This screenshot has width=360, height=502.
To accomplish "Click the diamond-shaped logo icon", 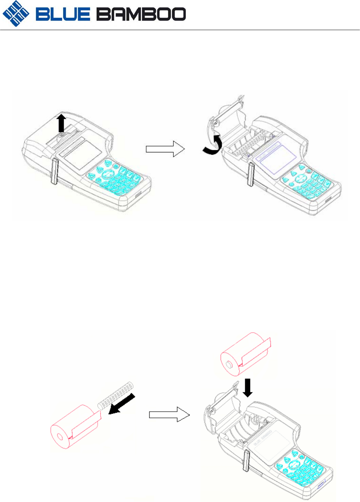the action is point(16,14).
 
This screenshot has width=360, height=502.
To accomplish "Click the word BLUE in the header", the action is point(62,15).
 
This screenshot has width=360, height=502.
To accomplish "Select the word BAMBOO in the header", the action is point(141,15).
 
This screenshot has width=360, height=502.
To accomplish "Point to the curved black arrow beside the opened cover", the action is point(213,145).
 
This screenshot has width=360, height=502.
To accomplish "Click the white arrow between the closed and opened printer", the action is point(165,149).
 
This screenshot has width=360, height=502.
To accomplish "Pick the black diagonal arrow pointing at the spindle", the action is point(122,404).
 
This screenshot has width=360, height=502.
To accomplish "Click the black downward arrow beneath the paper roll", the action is point(248,388).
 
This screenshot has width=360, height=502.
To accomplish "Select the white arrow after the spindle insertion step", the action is point(169,414).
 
